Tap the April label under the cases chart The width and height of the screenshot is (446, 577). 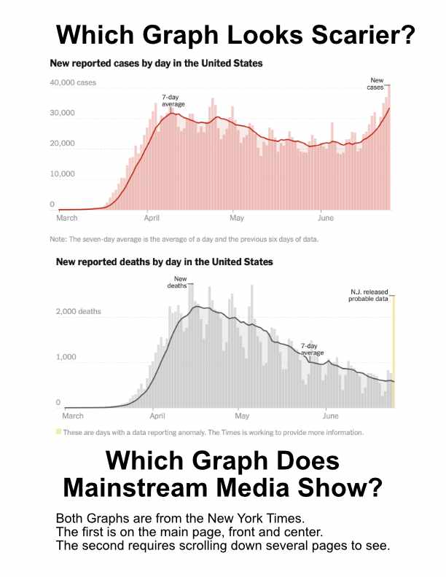pos(152,218)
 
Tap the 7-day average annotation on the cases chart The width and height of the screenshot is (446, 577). pos(173,101)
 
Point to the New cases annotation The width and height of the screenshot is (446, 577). pos(377,83)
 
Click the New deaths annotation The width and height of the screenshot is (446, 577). pos(180,282)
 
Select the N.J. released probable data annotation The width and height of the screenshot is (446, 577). pos(369,295)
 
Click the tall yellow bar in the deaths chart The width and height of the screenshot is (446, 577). pos(394,350)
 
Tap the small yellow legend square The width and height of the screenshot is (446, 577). pos(59,432)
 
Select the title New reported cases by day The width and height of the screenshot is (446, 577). pos(156,63)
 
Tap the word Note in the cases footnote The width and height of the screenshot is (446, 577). pos(58,238)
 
